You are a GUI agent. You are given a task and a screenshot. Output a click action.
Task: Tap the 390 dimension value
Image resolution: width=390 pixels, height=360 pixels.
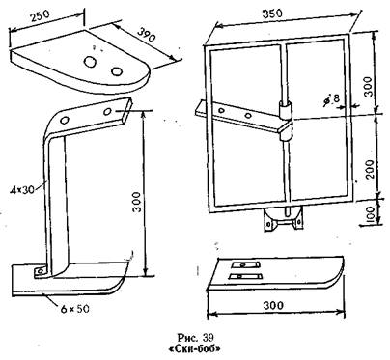tap(147, 35)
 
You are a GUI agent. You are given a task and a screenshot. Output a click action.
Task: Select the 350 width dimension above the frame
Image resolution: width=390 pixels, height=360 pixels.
tap(272, 14)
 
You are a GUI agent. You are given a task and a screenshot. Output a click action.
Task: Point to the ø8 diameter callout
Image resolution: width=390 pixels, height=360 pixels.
tap(332, 99)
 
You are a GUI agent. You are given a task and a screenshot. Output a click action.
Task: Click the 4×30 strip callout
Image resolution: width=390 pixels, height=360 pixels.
tap(22, 189)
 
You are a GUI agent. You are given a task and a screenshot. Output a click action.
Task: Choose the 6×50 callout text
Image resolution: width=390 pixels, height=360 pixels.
tap(74, 309)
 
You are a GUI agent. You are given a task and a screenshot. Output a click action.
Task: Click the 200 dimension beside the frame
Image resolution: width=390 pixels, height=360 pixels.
tap(371, 169)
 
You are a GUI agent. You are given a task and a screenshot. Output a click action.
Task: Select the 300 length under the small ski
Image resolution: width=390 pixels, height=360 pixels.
tap(273, 305)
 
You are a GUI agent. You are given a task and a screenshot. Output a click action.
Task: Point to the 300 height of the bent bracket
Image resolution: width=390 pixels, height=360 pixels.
tap(136, 202)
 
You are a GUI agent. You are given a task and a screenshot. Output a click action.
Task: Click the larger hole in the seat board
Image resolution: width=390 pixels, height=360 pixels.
tap(90, 61)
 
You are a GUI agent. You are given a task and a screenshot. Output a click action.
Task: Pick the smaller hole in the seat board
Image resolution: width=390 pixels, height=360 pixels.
tap(116, 70)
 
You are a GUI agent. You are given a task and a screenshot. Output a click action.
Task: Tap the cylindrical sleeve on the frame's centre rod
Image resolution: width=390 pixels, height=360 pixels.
tap(286, 121)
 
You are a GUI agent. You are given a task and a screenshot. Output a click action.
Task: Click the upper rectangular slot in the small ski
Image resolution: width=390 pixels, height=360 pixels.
tap(245, 264)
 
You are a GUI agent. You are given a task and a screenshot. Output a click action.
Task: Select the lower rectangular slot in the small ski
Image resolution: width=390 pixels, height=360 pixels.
tap(243, 276)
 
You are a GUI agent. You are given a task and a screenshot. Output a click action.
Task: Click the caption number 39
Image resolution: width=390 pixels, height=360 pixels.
tap(208, 338)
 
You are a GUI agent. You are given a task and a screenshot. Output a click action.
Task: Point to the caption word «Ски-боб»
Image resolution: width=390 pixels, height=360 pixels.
tap(195, 349)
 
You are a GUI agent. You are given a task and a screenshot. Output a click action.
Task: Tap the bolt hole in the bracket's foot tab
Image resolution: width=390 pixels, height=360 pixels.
tap(40, 271)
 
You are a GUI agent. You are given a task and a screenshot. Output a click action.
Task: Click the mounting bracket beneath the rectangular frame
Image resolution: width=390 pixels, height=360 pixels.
tap(283, 218)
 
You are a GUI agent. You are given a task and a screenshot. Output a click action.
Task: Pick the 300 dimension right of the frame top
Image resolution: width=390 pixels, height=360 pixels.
tap(370, 87)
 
